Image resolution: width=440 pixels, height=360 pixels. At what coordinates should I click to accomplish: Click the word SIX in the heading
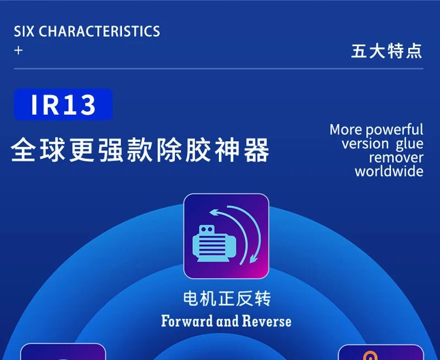point(24,31)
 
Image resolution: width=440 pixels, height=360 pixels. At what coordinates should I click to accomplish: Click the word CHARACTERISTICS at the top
point(100,31)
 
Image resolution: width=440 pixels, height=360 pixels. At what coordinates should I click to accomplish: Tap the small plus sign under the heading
point(19,51)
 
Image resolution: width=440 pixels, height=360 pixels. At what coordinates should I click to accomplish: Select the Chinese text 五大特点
point(387,51)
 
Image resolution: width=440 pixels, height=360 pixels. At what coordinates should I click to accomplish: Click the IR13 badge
point(63,104)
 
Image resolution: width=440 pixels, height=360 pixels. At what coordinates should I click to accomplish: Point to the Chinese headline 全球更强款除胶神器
point(140,150)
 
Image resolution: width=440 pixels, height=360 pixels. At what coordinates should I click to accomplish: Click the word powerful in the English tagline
point(394,130)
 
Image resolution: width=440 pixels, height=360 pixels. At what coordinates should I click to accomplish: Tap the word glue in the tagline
point(410,144)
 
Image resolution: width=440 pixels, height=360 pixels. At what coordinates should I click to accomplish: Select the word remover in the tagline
point(396,158)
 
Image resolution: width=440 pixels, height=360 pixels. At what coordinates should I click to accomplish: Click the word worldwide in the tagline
point(389,171)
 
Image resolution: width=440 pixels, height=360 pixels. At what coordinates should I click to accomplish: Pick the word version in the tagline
point(365,144)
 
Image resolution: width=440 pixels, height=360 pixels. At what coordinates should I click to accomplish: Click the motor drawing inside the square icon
point(213,245)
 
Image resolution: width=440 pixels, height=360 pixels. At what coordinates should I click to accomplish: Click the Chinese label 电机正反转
point(227,299)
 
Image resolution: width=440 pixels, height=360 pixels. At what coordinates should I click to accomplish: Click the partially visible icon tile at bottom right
point(380,352)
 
